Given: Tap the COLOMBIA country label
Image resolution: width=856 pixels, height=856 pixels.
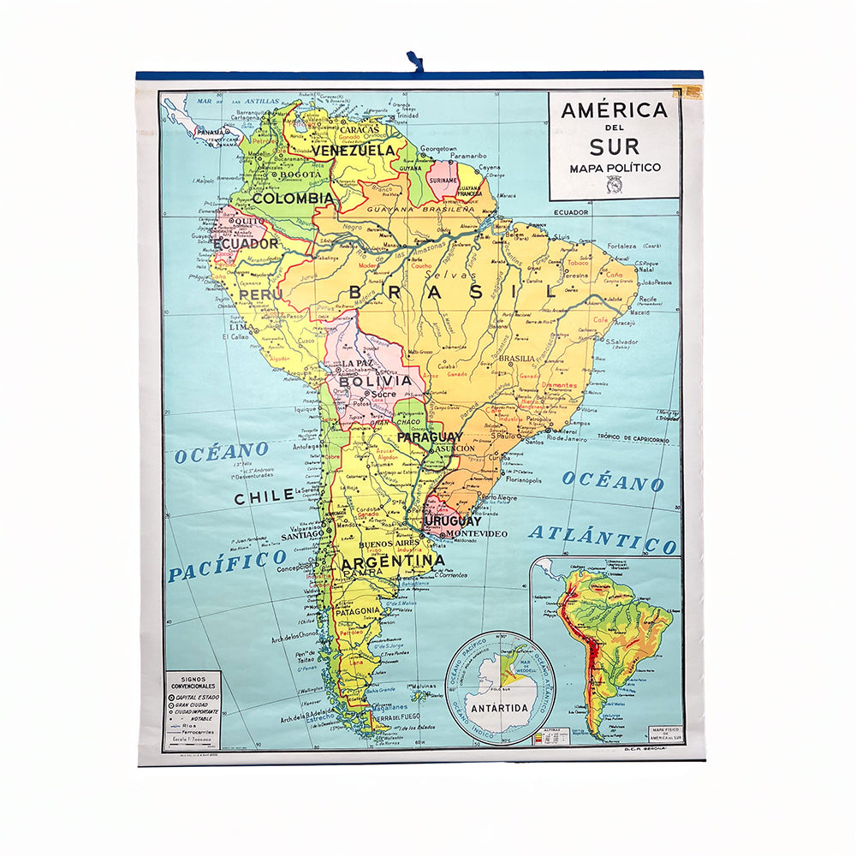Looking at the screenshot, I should click(292, 198).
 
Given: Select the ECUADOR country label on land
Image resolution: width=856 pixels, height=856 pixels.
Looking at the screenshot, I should click(246, 243).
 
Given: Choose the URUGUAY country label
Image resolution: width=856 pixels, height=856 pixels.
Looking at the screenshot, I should click(451, 520).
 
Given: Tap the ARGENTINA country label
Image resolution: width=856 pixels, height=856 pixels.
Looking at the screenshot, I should click(392, 562).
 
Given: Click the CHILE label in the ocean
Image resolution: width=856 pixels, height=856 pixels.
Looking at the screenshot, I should click(265, 497).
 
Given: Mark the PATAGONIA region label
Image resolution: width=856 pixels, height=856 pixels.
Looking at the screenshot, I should click(359, 611).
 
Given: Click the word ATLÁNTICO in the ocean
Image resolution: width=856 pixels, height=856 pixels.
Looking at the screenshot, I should click(602, 538).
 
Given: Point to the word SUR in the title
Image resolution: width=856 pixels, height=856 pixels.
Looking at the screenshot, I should click(614, 146).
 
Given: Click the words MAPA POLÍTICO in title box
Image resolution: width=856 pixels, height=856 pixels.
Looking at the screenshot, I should click(615, 168).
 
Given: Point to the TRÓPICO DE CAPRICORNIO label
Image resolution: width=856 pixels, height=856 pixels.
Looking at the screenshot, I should click(633, 438).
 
